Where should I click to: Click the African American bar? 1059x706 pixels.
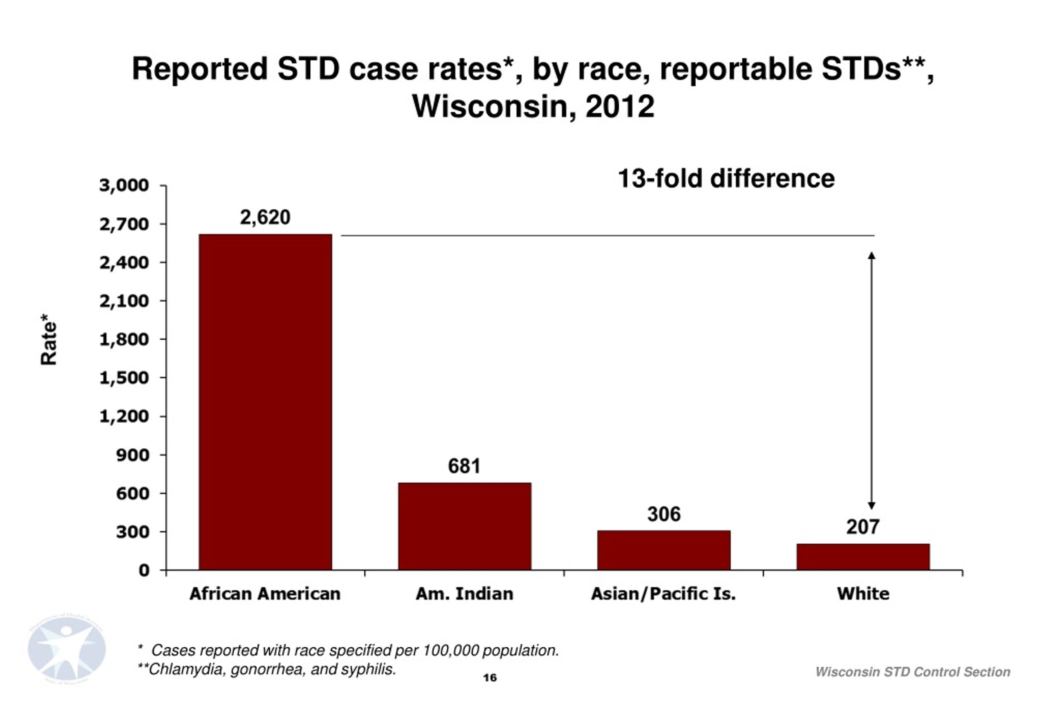265,402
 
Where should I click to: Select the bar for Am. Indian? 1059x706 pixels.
465,527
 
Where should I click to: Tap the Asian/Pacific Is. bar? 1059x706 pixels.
664,550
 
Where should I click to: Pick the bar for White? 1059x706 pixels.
863,557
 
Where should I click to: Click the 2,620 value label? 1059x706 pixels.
265,218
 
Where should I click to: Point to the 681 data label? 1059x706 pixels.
464,466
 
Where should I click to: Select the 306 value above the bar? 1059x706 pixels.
664,514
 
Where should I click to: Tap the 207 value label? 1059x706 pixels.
863,527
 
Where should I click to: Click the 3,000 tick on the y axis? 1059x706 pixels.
124,185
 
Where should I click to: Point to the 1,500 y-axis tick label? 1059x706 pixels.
124,378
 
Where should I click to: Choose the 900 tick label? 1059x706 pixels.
132,455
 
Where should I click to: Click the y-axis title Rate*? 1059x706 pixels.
49,340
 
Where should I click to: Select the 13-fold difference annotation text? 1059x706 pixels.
726,178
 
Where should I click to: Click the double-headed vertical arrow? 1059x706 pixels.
872,381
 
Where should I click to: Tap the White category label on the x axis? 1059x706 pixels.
863,594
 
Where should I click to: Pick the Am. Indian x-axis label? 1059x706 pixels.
464,594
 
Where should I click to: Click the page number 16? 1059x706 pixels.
490,677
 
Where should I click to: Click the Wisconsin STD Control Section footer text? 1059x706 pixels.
913,672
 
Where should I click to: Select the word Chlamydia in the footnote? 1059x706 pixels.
186,670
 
